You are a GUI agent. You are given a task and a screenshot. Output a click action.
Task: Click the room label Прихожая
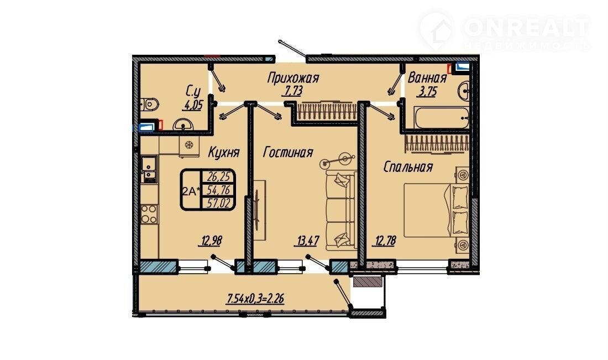point(293,78)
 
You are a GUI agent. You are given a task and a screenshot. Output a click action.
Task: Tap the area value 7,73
point(291,92)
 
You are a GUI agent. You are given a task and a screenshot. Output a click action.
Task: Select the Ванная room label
point(427,78)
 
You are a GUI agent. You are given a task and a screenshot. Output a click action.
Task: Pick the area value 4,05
point(193,105)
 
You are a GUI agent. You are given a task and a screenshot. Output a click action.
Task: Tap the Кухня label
point(224,152)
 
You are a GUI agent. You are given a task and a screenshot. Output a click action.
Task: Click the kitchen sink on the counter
point(149,169)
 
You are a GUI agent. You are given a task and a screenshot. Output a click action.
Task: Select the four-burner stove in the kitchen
point(149,214)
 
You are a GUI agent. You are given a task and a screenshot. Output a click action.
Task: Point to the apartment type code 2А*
point(192,191)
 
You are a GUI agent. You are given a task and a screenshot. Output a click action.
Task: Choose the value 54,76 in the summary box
point(219,190)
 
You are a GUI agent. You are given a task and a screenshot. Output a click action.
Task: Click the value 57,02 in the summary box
point(219,203)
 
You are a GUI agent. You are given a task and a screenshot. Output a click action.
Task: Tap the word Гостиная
point(288,152)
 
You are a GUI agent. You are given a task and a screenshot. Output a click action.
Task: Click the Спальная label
point(408,167)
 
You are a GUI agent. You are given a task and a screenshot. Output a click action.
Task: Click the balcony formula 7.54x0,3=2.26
point(255,299)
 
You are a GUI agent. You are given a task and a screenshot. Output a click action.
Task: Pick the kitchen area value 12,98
point(211,241)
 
